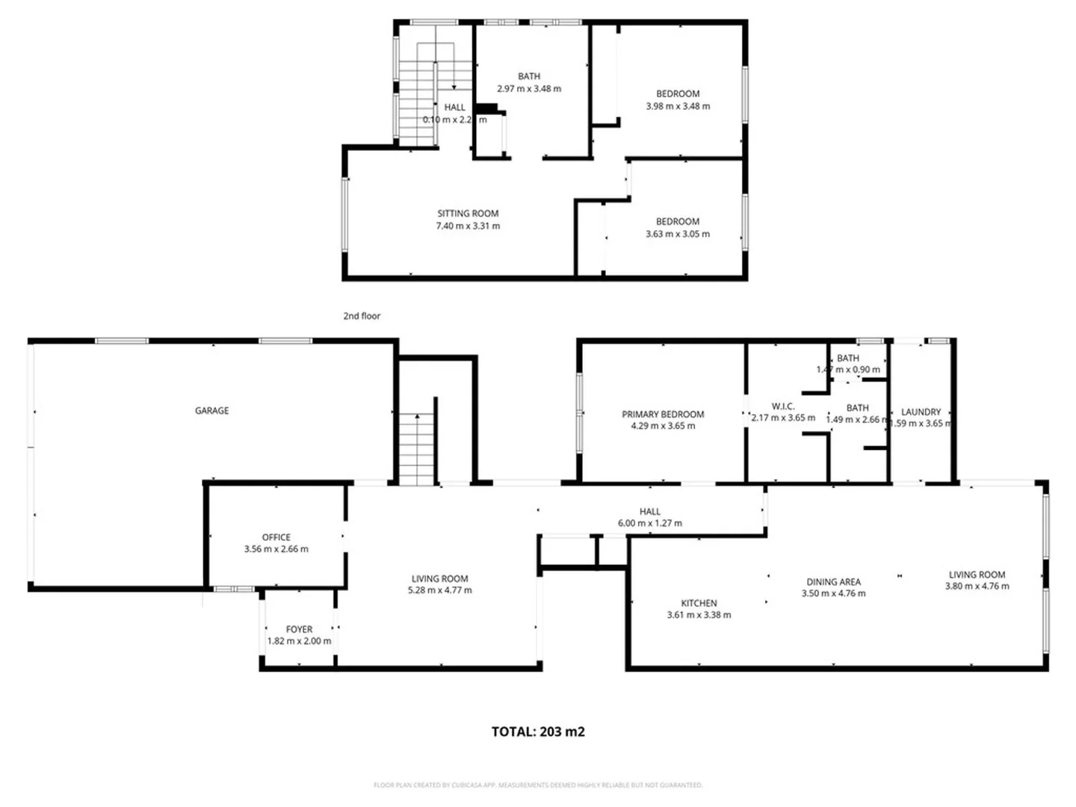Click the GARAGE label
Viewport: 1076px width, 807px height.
[x=211, y=410]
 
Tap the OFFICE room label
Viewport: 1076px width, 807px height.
[x=276, y=537]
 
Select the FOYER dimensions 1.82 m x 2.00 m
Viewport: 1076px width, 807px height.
[x=299, y=641]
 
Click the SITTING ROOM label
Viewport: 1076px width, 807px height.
[x=468, y=214]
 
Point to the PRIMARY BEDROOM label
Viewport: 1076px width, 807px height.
[x=663, y=414]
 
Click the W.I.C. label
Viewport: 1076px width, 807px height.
[x=782, y=406]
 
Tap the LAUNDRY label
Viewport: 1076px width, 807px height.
[x=921, y=412]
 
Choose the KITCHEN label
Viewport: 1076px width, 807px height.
[x=699, y=603]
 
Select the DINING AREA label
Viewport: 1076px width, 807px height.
[x=833, y=581]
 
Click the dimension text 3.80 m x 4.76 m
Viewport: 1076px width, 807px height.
[x=977, y=587]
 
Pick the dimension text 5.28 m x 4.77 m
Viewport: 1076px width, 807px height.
[x=439, y=590]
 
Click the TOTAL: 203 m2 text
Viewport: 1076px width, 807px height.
[x=538, y=732]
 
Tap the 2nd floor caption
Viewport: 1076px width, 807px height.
[x=362, y=316]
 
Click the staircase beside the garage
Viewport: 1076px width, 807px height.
[x=415, y=448]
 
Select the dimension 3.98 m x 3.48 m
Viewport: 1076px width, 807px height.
[x=678, y=106]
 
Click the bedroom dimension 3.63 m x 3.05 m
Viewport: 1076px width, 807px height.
[x=678, y=234]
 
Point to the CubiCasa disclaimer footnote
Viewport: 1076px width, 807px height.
[x=538, y=785]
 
